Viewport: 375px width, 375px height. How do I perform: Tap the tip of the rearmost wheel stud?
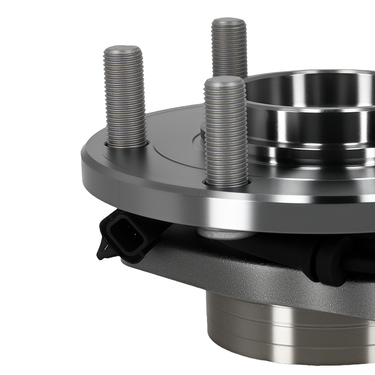229,22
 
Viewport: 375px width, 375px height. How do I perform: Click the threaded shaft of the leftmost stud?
124,97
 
